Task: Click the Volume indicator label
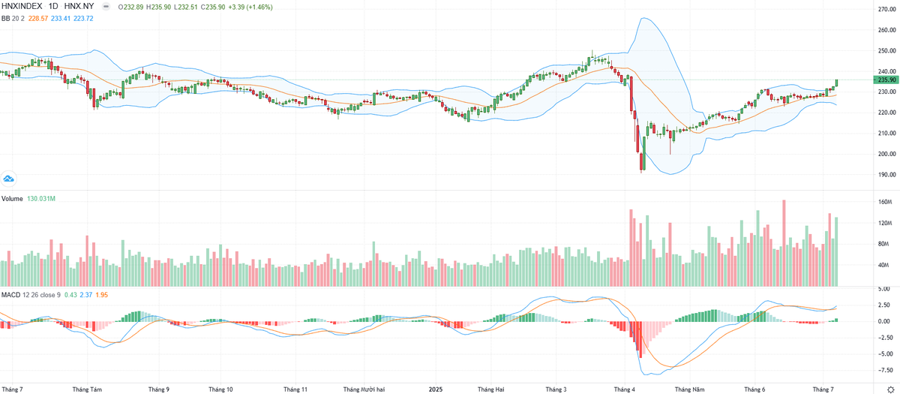(x=13, y=198)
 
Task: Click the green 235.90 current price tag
(x=886, y=80)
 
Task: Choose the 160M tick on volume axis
(x=885, y=203)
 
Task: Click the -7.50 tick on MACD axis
(x=885, y=370)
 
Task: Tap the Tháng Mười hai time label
(x=364, y=389)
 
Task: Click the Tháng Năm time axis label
(x=690, y=389)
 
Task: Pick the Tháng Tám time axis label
(x=87, y=389)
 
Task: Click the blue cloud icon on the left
(x=9, y=179)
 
